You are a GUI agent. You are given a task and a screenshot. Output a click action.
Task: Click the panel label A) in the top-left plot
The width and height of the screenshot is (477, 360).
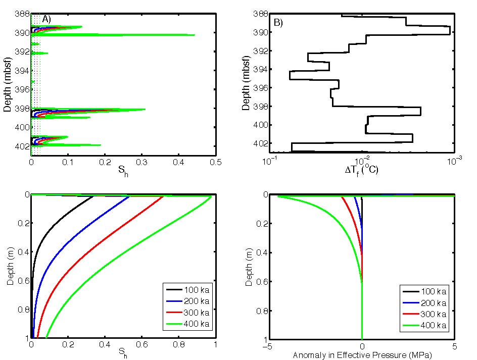tap(46, 19)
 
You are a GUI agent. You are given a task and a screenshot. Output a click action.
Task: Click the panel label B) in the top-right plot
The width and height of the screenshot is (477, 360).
tap(278, 23)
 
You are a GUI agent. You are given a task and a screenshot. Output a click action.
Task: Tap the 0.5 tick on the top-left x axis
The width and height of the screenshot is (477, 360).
tap(216, 163)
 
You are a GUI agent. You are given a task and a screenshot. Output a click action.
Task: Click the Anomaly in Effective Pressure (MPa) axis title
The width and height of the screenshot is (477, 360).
tap(362, 355)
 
